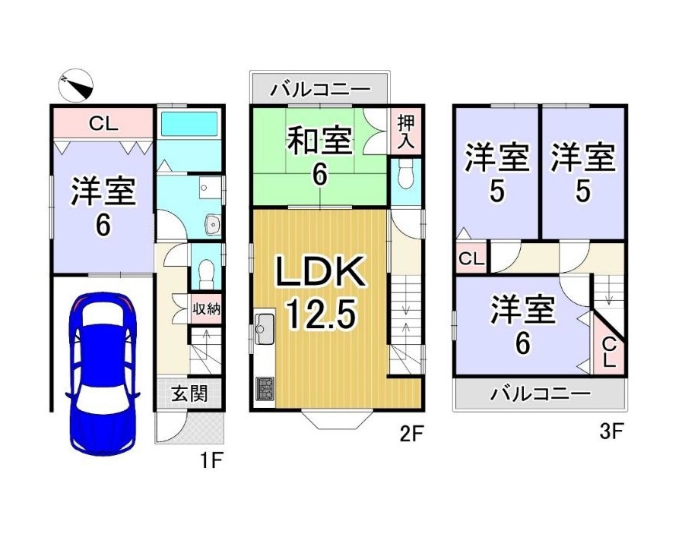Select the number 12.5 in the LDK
pos(320,312)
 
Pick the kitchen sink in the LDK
pos(263,328)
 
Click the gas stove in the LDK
pos(264,388)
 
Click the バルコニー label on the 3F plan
pos(540,395)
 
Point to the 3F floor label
pos(611,431)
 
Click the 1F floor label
pos(211,460)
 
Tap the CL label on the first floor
pos(103,123)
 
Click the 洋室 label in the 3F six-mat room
pos(522,311)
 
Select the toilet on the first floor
pos(204,269)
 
